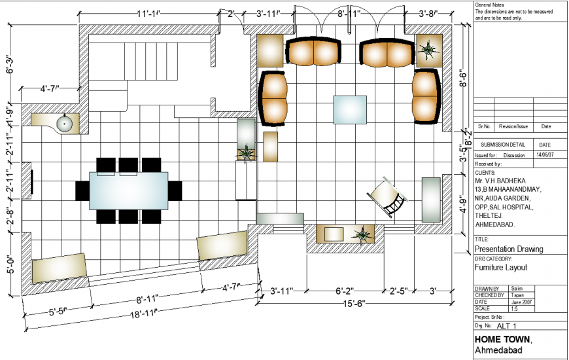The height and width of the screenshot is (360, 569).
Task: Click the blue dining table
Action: [128, 190]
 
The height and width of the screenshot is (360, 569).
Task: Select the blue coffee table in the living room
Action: [351, 109]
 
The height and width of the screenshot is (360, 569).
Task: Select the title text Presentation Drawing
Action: [508, 249]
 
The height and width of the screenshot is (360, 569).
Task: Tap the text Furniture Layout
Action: [500, 267]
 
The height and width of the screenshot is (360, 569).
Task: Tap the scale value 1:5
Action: [515, 308]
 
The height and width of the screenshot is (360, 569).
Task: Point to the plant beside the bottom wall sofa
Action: [360, 234]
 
